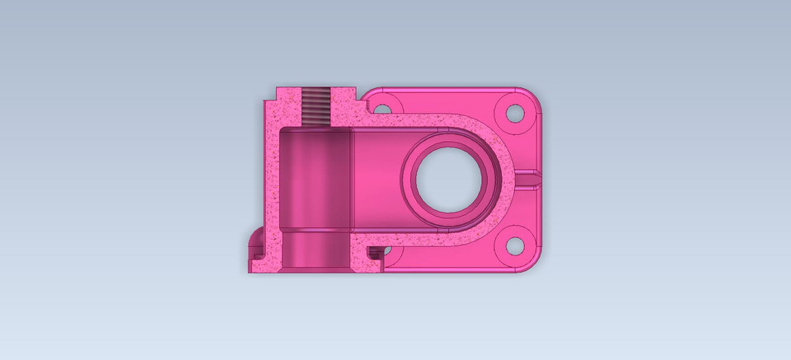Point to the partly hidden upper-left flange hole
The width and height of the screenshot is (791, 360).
pyautogui.click(x=381, y=108)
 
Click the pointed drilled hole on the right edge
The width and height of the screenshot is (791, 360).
pyautogui.click(x=531, y=177)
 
